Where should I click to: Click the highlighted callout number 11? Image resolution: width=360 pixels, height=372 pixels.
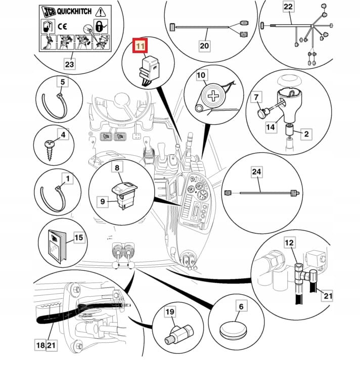140,46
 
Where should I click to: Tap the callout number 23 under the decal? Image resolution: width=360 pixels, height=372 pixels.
69,64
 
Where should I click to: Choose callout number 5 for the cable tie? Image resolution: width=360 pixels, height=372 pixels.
63,81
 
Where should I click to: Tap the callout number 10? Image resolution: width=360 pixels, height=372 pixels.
201,76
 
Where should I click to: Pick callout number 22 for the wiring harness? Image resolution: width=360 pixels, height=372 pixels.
288,7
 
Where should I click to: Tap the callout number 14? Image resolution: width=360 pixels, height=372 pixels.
271,127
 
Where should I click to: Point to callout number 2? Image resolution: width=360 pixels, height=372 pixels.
305,133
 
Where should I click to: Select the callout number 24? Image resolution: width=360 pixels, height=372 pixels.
257,172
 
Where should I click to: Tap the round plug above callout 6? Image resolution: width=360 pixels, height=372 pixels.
233,331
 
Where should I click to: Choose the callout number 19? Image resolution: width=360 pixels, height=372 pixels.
169,312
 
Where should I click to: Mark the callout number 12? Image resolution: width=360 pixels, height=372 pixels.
289,243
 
